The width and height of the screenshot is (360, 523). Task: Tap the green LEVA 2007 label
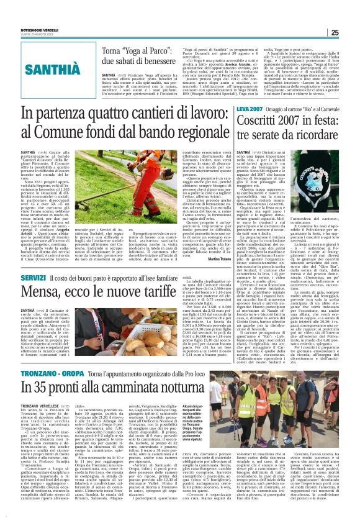tap(250, 109)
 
